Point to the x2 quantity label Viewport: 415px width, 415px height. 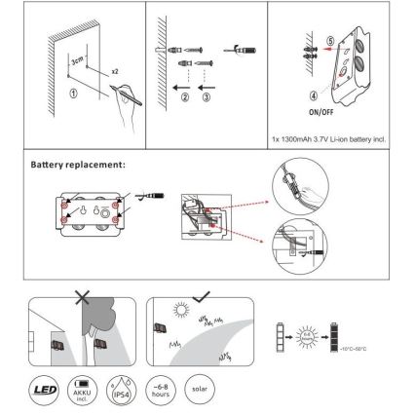115,71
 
